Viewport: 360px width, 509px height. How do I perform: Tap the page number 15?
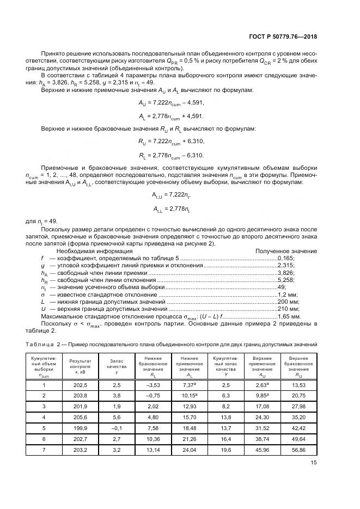(314, 463)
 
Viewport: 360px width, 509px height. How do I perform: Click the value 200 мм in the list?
(290, 302)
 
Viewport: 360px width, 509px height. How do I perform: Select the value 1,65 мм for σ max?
(289, 316)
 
